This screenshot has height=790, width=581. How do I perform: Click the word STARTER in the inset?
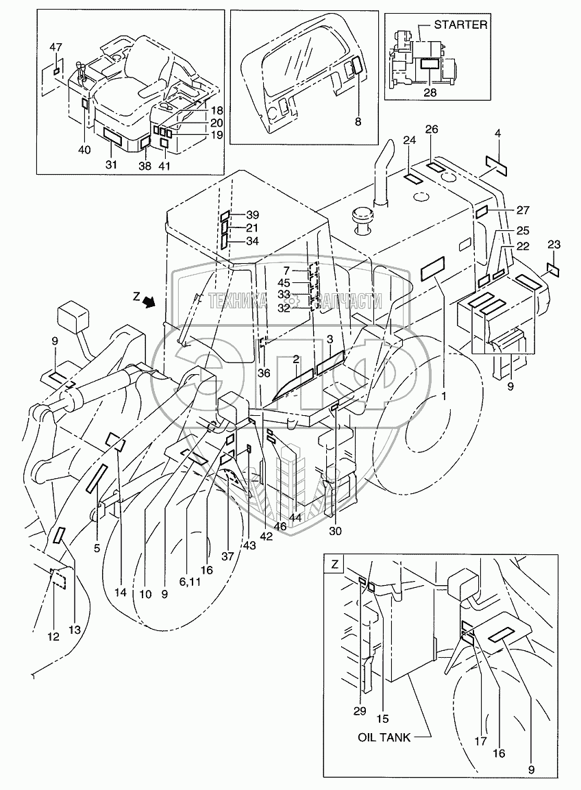pos(460,25)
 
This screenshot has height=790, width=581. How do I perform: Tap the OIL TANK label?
pos(384,737)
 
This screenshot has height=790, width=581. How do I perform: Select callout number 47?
pos(56,47)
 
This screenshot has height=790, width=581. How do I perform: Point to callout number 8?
pos(358,122)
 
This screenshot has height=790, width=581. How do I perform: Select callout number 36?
pos(264,373)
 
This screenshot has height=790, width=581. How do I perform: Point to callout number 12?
pos(53,637)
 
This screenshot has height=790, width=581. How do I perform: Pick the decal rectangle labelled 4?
pos(496,164)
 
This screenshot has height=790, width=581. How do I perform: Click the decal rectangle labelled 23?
pos(553,269)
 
